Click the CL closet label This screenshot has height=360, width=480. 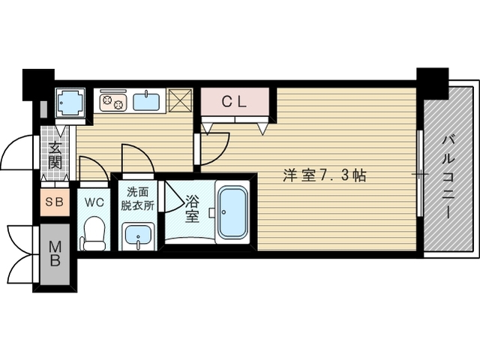click(x=234, y=103)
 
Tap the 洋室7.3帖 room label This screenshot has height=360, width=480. click(x=324, y=176)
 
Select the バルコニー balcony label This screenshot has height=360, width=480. click(x=448, y=175)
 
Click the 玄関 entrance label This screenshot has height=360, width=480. click(x=55, y=155)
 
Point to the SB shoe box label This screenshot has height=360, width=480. click(x=55, y=201)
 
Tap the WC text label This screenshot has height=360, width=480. click(x=94, y=201)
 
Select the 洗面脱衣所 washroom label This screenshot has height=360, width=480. click(x=139, y=199)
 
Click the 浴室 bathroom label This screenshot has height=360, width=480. click(x=191, y=207)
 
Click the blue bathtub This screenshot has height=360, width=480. click(x=233, y=212)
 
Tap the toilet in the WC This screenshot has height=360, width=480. click(x=94, y=233)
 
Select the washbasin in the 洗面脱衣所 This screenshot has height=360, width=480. click(x=139, y=237)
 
